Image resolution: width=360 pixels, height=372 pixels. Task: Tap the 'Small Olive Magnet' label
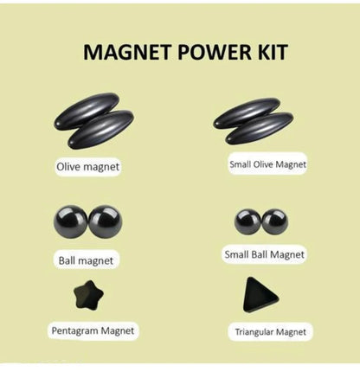268,162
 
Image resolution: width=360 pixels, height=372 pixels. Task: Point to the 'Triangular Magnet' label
270,331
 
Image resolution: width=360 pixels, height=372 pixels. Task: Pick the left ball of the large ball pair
71,221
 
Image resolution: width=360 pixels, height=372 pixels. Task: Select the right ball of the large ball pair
106,221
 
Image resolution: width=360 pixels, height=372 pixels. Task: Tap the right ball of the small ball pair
274,221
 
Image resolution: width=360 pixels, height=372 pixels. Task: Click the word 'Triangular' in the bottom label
255,331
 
